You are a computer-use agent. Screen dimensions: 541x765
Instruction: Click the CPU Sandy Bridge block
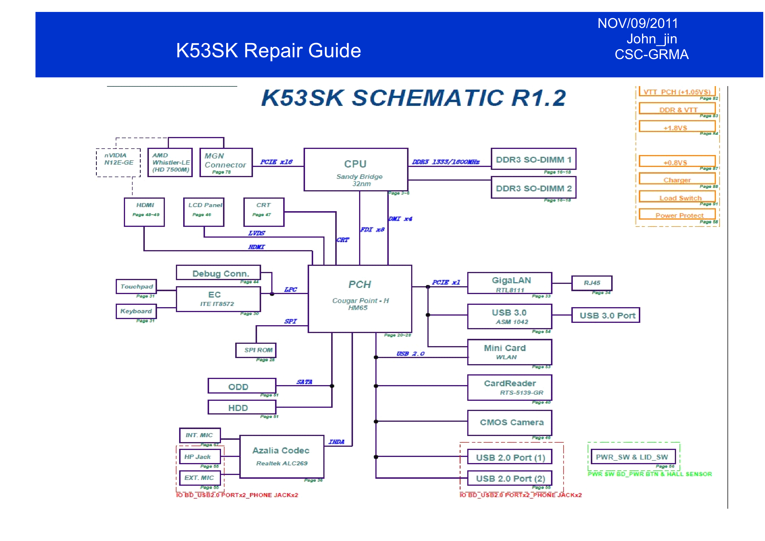coord(356,169)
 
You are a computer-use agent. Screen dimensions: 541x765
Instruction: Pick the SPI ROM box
coord(256,350)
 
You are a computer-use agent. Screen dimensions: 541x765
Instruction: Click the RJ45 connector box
coord(591,283)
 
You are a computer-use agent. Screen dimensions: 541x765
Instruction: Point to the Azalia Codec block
coord(281,456)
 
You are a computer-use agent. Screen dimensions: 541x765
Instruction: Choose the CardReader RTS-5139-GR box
coord(509,387)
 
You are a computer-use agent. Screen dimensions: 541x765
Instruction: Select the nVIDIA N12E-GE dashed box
coord(118,162)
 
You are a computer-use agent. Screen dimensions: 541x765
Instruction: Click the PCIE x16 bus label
coord(276,162)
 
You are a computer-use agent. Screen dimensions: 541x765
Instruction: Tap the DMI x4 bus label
coord(400,219)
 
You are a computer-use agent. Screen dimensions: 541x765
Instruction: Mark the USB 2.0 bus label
coord(410,354)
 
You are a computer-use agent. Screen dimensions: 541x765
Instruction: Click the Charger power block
coord(677,180)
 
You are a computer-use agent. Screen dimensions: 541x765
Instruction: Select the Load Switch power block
coord(680,198)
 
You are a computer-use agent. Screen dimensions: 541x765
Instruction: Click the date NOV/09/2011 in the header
coord(637,23)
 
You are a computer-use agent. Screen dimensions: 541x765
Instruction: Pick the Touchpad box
coord(136,286)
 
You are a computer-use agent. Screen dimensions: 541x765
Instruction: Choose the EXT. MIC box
coord(199,478)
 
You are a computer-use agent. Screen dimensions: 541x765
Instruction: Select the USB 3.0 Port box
coord(605,315)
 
